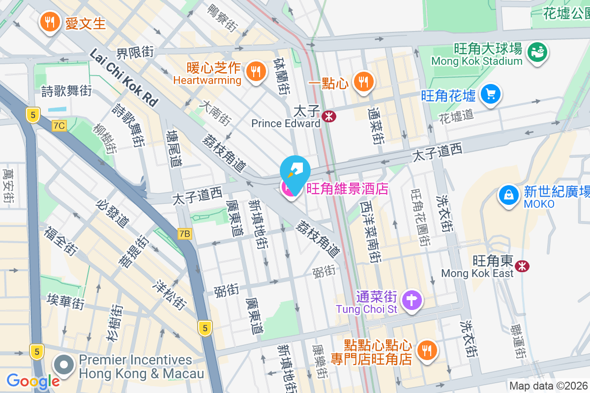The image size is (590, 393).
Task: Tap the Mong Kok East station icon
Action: [x=522, y=266]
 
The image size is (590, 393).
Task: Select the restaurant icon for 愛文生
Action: [x=49, y=22]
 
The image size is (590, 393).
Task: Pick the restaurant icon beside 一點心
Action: [x=364, y=82]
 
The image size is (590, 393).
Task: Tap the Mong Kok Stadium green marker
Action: [x=537, y=51]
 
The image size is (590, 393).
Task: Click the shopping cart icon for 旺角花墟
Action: [x=490, y=94]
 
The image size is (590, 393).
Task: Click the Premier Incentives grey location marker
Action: [x=64, y=365]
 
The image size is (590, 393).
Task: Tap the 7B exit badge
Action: [x=184, y=234]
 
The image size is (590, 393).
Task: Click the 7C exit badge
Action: [x=59, y=126]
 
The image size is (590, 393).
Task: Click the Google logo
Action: [x=33, y=381]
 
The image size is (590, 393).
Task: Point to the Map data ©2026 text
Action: [x=548, y=386]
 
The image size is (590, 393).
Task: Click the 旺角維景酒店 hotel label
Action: [x=347, y=189]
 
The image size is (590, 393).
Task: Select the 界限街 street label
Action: [x=135, y=52]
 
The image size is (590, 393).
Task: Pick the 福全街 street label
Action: [x=61, y=241]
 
